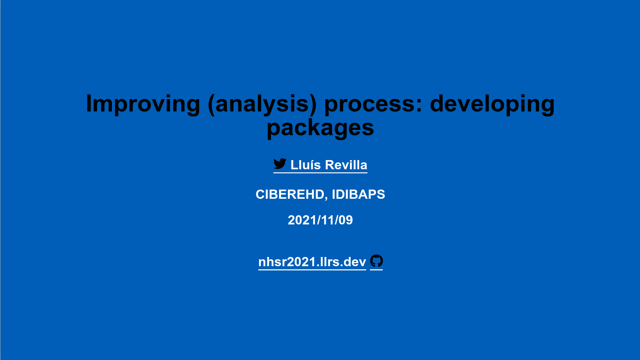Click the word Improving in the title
click(x=143, y=104)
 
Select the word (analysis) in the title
click(x=262, y=104)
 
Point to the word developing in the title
click(x=492, y=104)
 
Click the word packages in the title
click(x=320, y=128)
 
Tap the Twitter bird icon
click(x=280, y=164)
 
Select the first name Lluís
click(x=305, y=165)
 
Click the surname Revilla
click(x=346, y=165)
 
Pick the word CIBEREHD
click(x=290, y=195)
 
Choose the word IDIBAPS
click(x=358, y=195)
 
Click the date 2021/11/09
click(x=320, y=220)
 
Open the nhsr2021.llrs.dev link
click(x=312, y=262)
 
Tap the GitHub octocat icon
click(x=376, y=261)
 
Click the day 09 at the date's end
click(x=346, y=220)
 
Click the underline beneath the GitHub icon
click(x=376, y=270)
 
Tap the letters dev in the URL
click(x=354, y=262)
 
